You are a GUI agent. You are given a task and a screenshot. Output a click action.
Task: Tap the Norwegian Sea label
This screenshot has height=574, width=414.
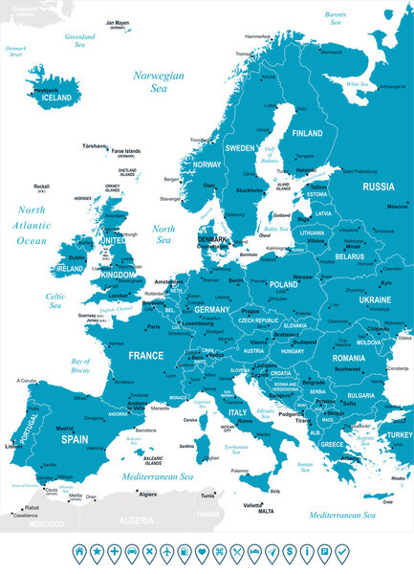(159, 81)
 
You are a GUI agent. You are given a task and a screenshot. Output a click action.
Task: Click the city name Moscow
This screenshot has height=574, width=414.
(396, 207)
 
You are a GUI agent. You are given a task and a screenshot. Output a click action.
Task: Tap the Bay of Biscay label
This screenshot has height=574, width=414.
(87, 364)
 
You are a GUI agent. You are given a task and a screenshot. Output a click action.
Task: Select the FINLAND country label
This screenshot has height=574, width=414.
(307, 133)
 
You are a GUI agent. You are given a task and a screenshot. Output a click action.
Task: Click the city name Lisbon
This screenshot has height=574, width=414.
(13, 446)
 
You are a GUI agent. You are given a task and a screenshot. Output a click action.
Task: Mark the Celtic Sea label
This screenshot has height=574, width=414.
(55, 301)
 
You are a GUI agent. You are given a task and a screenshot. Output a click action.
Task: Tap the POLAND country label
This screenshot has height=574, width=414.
(284, 284)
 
